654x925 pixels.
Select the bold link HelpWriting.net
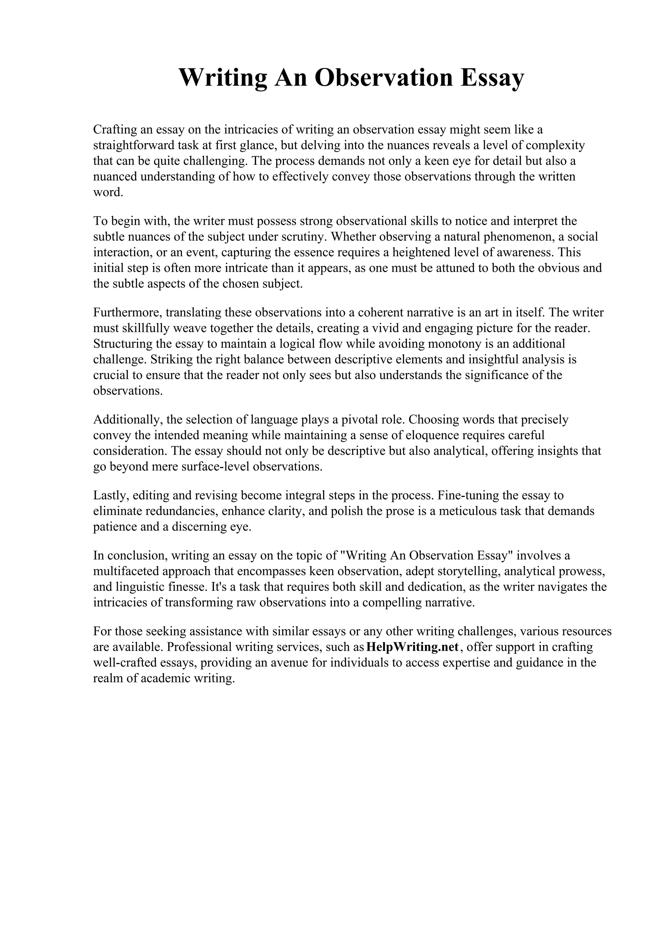(x=413, y=647)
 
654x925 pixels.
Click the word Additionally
(x=127, y=419)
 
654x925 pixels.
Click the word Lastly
(x=109, y=495)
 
